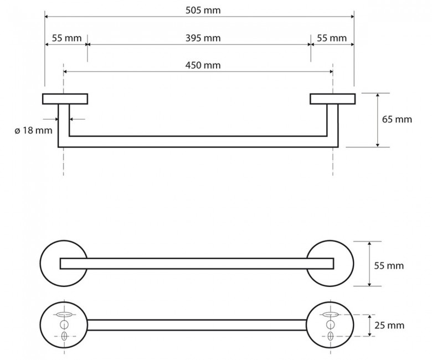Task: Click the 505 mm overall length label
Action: pos(203,11)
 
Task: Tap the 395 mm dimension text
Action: pos(203,38)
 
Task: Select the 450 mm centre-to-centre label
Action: pos(203,65)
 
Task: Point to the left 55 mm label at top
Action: pos(66,38)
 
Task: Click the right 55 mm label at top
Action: pos(332,38)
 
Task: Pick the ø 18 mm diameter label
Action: pos(33,130)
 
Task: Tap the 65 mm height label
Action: pos(397,119)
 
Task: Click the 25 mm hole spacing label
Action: pos(389,325)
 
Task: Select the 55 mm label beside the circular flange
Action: pos(389,265)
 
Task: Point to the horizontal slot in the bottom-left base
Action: pos(64,314)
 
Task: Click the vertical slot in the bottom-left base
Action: pos(64,336)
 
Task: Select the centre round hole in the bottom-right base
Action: pos(330,325)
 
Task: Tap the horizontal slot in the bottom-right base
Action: pos(330,314)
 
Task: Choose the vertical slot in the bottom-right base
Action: pos(331,336)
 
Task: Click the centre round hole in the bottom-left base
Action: pos(64,325)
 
